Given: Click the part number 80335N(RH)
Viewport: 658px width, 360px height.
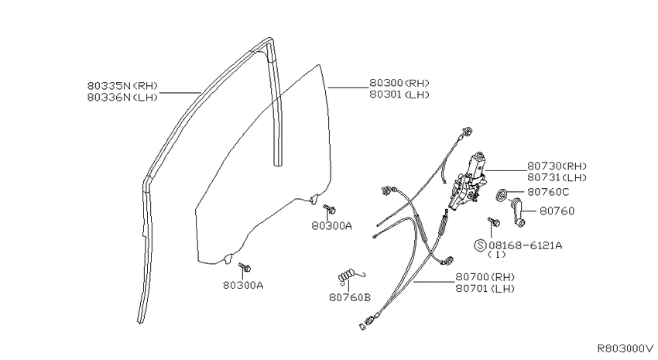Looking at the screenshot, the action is tap(122, 86).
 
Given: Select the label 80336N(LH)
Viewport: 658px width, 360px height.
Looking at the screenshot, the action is tap(122, 98).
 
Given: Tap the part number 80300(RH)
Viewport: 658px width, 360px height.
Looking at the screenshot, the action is tap(399, 83).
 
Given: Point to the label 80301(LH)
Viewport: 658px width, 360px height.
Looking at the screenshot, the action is tap(399, 94).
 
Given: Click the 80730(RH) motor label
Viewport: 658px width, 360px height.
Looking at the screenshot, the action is tap(557, 166).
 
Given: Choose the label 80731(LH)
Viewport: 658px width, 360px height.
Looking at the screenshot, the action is tap(557, 177).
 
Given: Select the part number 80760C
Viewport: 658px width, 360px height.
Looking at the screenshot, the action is tap(549, 192).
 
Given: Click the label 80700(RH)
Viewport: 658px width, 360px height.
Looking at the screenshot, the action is tap(485, 277).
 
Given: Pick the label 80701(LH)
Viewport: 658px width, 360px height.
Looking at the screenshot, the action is tap(485, 288).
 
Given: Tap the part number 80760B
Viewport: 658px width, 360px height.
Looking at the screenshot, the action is tap(350, 297).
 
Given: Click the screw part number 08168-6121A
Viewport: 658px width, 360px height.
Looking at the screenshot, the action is tap(525, 245).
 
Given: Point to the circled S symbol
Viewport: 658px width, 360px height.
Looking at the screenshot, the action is tap(480, 245).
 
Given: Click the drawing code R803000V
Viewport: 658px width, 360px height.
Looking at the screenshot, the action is tap(625, 348).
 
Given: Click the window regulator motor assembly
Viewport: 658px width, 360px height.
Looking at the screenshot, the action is tap(468, 180).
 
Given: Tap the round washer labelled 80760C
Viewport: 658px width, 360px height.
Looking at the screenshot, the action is tap(502, 194).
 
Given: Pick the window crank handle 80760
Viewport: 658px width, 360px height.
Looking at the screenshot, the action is tap(517, 212).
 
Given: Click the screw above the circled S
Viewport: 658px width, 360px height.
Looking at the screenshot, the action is tap(493, 222).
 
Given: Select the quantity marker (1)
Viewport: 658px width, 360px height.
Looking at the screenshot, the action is tap(497, 255).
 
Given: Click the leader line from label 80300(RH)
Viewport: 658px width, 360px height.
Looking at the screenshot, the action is tap(347, 88).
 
